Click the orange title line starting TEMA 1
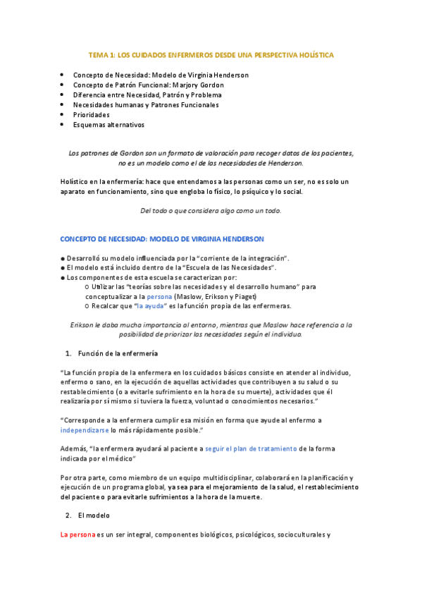coord(211,54)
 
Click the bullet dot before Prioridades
coord(63,115)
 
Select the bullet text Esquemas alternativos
coord(108,125)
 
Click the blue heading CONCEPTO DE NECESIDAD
coord(163,240)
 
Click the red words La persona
coord(77,535)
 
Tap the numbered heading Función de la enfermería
coord(118,353)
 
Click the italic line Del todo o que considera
coord(211,210)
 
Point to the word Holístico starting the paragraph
coord(75,181)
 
